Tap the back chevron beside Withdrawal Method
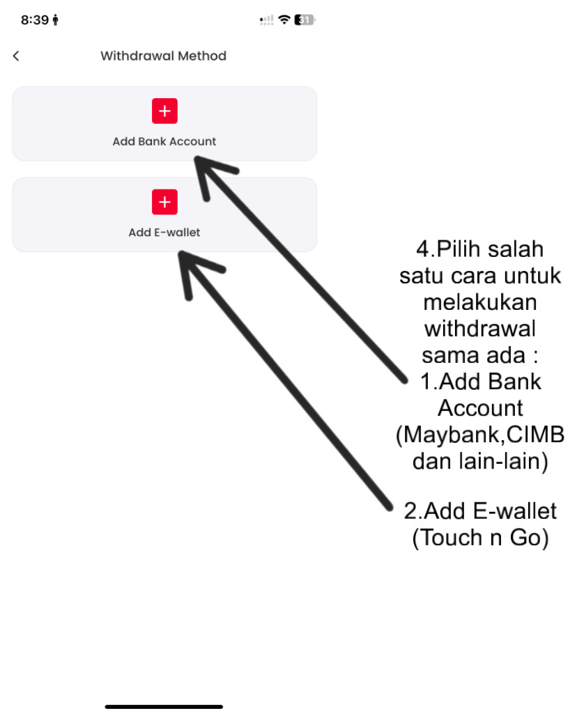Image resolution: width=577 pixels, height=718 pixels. point(16,56)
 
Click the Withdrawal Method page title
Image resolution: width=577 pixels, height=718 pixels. point(163,56)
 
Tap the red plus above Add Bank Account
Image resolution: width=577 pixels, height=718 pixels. point(164,111)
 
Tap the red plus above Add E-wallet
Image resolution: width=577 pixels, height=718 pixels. point(164,202)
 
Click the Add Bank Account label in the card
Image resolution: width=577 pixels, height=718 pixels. point(164,141)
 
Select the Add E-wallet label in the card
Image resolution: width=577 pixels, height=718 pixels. point(164,233)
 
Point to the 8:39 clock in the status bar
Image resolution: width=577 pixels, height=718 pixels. point(35,20)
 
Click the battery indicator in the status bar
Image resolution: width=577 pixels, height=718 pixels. point(305,20)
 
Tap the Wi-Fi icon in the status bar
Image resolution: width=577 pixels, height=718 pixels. point(284,20)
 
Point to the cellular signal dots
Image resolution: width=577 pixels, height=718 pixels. point(267,21)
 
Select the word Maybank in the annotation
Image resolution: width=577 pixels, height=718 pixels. point(449,435)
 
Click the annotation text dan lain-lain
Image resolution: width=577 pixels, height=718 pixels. point(479,461)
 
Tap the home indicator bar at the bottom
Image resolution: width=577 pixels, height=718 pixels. point(164,707)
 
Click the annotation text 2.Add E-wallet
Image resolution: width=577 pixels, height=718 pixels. point(480,511)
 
